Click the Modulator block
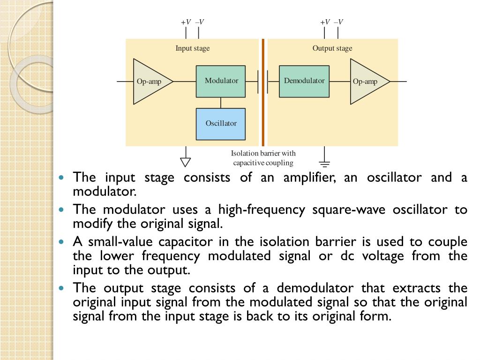pyautogui.click(x=220, y=81)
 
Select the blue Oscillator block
pyautogui.click(x=220, y=124)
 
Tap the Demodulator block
pyautogui.click(x=304, y=81)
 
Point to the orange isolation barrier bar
pyautogui.click(x=263, y=92)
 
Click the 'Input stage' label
pyautogui.click(x=193, y=48)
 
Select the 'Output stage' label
pyautogui.click(x=332, y=48)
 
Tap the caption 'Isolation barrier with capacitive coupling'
pyautogui.click(x=263, y=158)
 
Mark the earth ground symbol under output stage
pyautogui.click(x=324, y=164)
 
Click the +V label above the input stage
pyautogui.click(x=186, y=22)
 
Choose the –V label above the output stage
pyautogui.click(x=338, y=22)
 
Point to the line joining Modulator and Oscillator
pyautogui.click(x=220, y=103)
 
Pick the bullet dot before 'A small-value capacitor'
pyautogui.click(x=63, y=242)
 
